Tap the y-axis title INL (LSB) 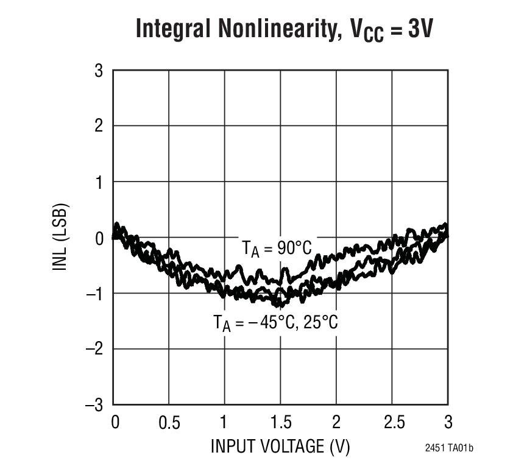click(62, 237)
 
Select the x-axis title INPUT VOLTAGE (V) click(280, 446)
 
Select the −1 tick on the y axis click(95, 293)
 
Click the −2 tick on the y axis click(95, 348)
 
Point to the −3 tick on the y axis click(95, 404)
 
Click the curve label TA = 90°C click(277, 249)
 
